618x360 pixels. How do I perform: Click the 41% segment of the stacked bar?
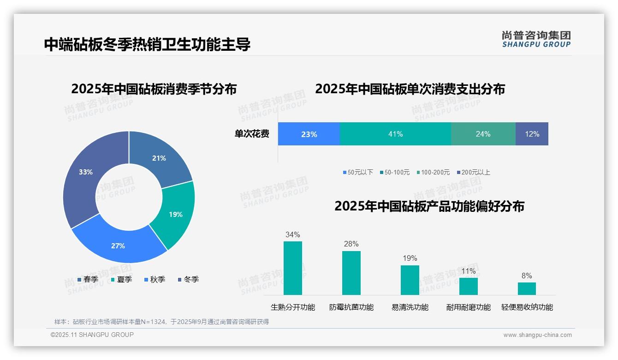click(395, 134)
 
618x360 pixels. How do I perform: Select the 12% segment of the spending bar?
click(532, 134)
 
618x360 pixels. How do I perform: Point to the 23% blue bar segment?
click(309, 134)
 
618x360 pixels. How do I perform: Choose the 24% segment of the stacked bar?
click(483, 134)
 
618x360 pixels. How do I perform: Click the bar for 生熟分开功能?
click(292, 268)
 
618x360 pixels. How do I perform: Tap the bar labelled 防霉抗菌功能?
click(351, 273)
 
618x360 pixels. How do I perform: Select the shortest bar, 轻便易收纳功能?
click(527, 288)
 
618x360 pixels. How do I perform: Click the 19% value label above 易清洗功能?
click(410, 258)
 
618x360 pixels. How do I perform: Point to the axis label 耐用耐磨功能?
click(468, 307)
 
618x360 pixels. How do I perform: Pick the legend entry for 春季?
click(88, 279)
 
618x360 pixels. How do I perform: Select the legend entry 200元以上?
click(474, 172)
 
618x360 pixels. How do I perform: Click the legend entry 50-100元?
click(395, 172)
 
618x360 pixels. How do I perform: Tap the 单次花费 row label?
click(252, 134)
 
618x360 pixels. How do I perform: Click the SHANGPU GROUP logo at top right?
click(536, 39)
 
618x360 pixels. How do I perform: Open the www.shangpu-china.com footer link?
click(537, 335)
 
